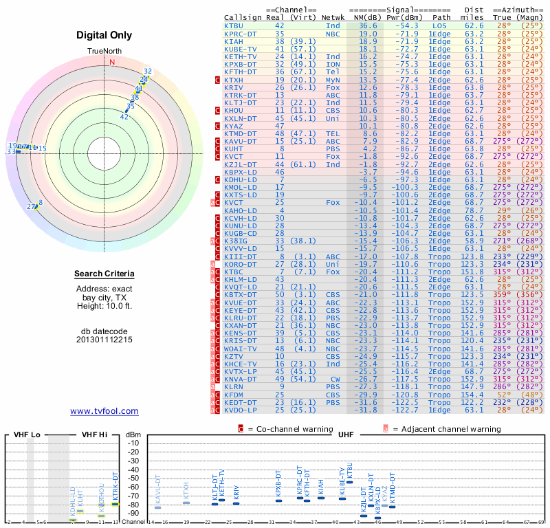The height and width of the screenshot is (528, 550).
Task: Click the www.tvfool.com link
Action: pyautogui.click(x=104, y=411)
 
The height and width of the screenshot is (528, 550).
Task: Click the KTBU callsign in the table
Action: pyautogui.click(x=234, y=25)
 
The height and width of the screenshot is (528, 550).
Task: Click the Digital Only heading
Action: pyautogui.click(x=104, y=36)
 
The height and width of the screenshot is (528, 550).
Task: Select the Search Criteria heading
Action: pyautogui.click(x=104, y=274)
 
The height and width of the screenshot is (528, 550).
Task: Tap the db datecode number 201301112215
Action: pyautogui.click(x=104, y=339)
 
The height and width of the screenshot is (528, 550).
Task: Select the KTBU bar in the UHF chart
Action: pyautogui.click(x=350, y=482)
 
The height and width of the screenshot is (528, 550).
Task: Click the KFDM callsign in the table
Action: pyautogui.click(x=234, y=395)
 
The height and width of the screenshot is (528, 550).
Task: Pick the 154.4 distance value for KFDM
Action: pyautogui.click(x=472, y=395)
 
